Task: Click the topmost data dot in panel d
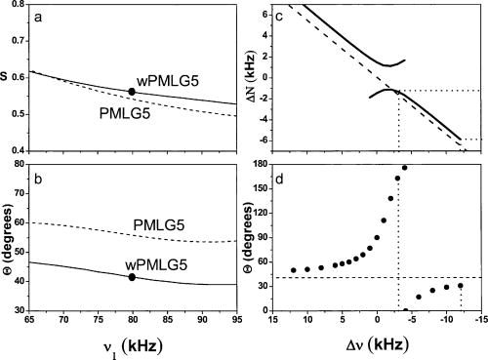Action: pos(405,168)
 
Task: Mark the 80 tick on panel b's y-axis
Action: pos(40,162)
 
